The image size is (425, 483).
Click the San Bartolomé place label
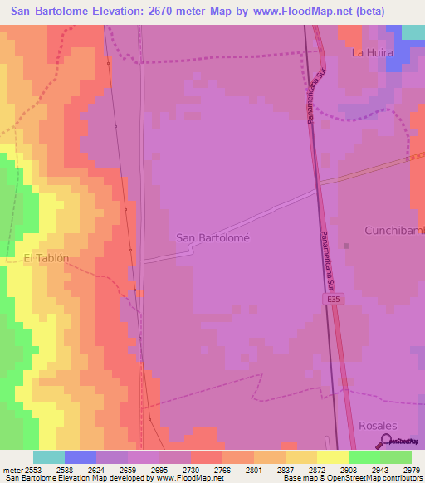[x=213, y=237]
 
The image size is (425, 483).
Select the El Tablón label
[x=46, y=258]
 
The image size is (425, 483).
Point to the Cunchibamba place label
[x=395, y=229]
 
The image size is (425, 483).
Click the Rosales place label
[x=378, y=425]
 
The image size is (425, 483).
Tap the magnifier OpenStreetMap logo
[x=386, y=441]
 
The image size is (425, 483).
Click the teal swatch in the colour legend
[x=49, y=457]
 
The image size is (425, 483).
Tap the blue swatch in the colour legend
[x=81, y=457]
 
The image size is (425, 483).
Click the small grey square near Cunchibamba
[x=346, y=245]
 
